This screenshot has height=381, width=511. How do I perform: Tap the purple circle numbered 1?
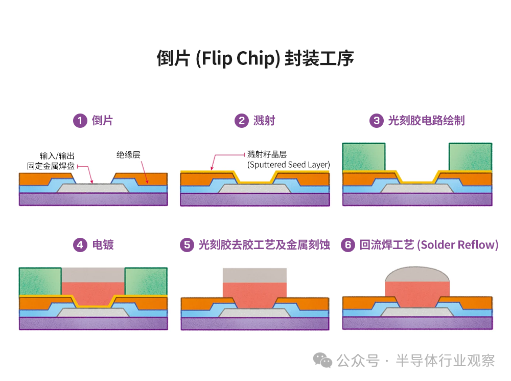point(80,121)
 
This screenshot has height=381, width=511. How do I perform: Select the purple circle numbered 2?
point(241,121)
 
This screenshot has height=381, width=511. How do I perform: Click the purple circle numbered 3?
point(376,121)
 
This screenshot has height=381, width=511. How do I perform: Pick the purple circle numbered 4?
point(80,245)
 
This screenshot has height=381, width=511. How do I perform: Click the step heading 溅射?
point(264,121)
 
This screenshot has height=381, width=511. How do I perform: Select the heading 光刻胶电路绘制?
point(426,121)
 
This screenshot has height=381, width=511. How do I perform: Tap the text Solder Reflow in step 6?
point(457,245)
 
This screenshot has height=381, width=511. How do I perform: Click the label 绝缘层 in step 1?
point(128,154)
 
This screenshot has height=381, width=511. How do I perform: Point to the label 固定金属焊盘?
point(51,166)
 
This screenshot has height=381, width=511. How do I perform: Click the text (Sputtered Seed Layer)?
point(288,165)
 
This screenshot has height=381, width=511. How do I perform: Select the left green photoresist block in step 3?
point(364,156)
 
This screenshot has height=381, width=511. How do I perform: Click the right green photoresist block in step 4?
point(146,281)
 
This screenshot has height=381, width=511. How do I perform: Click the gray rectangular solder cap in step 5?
point(254,276)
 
